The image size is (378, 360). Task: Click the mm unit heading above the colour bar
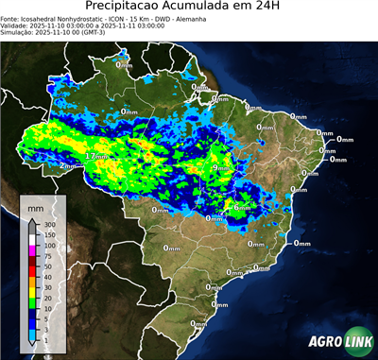click(x=36, y=206)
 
